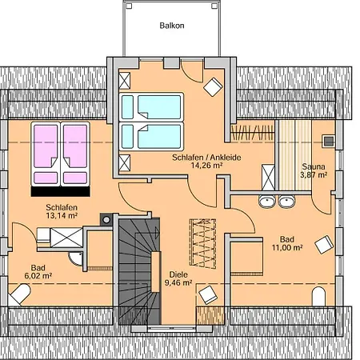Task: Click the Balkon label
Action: [x=172, y=26]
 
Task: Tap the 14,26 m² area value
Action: [x=206, y=166]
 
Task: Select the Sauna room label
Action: [x=314, y=166]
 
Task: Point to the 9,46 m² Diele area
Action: [x=178, y=282]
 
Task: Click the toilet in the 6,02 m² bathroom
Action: [x=18, y=294]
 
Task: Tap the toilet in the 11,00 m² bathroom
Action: [x=318, y=297]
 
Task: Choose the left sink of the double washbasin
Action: [x=267, y=202]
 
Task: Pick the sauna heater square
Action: [x=329, y=142]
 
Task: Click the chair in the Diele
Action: [x=208, y=295]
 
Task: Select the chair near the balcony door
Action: [x=213, y=87]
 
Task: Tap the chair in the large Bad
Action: [x=324, y=244]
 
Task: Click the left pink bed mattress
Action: [x=46, y=154]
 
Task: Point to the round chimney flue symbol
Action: [x=106, y=220]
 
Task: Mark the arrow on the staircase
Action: [x=158, y=234]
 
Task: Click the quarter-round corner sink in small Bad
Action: [x=76, y=258]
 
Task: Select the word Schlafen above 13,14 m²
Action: [x=62, y=207]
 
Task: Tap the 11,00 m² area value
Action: [x=287, y=248]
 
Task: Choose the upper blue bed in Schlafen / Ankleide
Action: [x=151, y=107]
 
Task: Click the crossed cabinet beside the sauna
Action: [x=268, y=178]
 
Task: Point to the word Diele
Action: [x=178, y=274]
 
